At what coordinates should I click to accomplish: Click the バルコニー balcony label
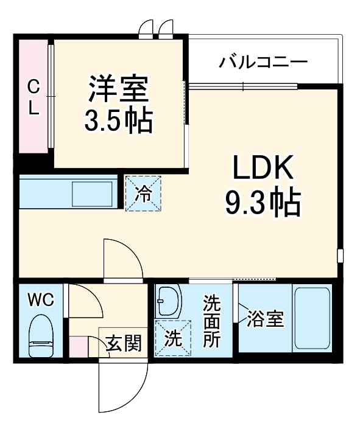point(264,61)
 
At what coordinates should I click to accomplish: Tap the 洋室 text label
point(117,89)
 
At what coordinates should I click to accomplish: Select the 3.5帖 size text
point(117,121)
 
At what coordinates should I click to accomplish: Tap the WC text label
point(41,299)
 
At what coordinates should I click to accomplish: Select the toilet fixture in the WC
point(42,336)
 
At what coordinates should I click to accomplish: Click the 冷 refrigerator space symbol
point(144,193)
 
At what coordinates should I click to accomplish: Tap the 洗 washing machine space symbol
point(172,337)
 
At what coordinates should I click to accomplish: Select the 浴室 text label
point(266,319)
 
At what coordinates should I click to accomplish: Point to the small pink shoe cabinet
point(78,346)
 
